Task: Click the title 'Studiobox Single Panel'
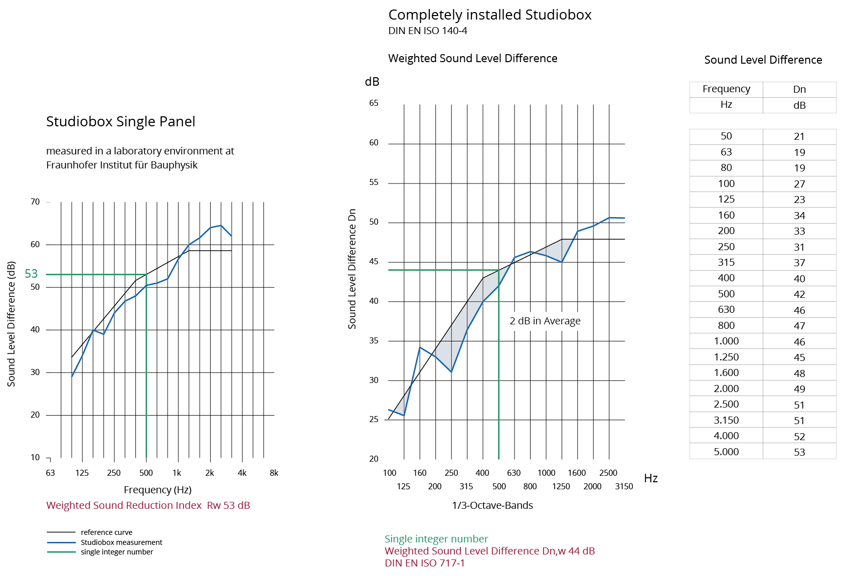coord(120,122)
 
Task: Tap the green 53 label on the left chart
coord(31,274)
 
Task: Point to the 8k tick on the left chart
coord(274,473)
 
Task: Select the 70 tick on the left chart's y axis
coord(35,202)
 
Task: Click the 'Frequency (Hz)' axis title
coord(157,490)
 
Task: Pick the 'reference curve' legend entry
coord(106,532)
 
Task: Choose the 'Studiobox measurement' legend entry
coord(121,542)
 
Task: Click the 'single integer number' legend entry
coord(117,552)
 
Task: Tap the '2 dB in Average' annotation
coord(545,321)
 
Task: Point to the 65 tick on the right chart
coord(374,103)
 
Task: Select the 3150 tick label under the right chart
coord(624,486)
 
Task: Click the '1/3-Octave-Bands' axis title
coord(492,505)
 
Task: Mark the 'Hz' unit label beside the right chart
coord(651,478)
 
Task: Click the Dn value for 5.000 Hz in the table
coord(799,452)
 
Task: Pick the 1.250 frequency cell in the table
coord(726,357)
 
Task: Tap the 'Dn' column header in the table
coord(799,89)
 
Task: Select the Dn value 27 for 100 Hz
coord(799,184)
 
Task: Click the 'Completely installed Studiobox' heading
coord(490,15)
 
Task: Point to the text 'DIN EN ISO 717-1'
coord(425,563)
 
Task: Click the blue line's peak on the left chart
coord(221,225)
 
